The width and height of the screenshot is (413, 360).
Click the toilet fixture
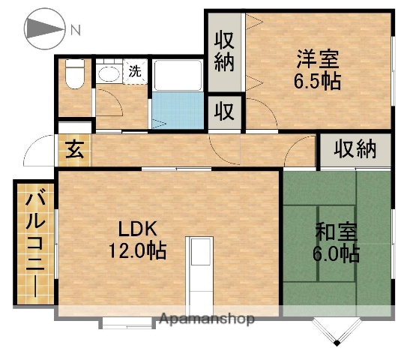tap(74, 74)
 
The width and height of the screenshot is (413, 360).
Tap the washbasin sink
tap(109, 74)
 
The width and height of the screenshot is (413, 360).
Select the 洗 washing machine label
tap(135, 72)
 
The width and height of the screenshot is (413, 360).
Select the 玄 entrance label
tap(73, 150)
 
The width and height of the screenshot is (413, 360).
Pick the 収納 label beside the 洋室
tap(224, 50)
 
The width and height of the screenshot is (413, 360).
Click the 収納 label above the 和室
tap(354, 150)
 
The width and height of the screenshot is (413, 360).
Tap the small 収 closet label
tap(224, 112)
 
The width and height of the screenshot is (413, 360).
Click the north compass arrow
tap(45, 29)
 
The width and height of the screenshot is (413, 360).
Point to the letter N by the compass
tap(76, 30)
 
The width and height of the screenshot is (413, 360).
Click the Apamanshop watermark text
tap(206, 319)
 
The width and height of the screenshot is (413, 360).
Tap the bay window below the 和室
tap(336, 328)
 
